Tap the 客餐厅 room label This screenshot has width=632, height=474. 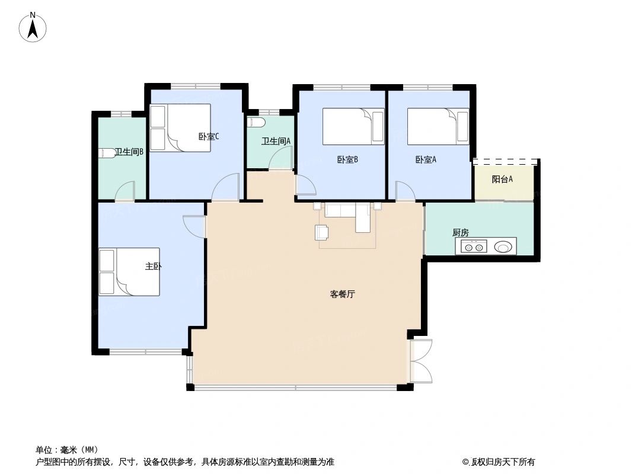click(342, 294)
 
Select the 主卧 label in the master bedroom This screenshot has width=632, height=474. click(153, 266)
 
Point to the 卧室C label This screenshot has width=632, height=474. click(209, 136)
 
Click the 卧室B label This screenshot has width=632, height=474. click(347, 159)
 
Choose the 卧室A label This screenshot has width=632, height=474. click(426, 159)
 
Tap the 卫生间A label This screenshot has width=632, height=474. click(276, 141)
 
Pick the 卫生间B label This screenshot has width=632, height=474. click(129, 152)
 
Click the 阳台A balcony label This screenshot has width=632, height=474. click(502, 179)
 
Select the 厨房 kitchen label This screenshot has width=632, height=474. click(460, 233)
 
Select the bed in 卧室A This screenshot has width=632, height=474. click(438, 126)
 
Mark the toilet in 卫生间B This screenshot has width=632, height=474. click(107, 153)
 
